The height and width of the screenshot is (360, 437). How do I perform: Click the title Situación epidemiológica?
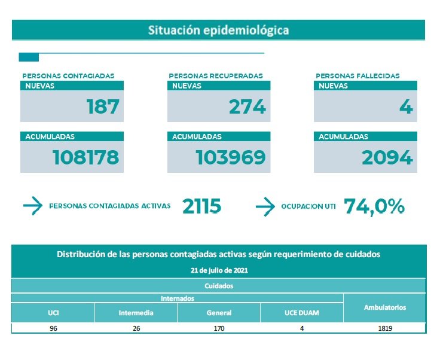click(218, 30)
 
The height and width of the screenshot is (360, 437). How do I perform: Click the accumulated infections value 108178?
click(85, 157)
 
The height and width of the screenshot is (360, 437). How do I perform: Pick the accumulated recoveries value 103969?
click(231, 157)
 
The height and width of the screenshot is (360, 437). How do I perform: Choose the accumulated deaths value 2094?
click(387, 157)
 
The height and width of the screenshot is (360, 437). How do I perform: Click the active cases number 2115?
click(201, 206)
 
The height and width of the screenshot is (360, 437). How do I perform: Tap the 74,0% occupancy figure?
click(374, 206)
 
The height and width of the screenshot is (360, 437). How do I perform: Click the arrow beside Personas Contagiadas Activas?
click(32, 206)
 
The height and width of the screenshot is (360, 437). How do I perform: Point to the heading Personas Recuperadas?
click(215, 76)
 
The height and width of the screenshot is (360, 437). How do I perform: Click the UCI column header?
click(53, 313)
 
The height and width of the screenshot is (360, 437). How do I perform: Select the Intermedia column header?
click(136, 313)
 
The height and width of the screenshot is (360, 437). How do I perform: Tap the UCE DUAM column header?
click(301, 313)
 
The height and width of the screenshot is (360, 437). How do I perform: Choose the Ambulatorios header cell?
click(384, 307)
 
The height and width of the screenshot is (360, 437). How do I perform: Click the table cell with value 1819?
click(384, 328)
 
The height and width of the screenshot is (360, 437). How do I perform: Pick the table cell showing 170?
click(219, 328)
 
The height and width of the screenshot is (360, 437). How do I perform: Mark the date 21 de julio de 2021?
click(218, 270)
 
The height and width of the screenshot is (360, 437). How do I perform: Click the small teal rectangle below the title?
click(29, 57)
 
